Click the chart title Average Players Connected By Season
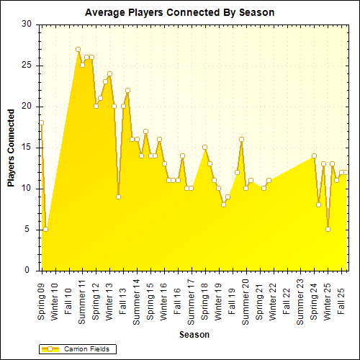pyautogui.click(x=179, y=13)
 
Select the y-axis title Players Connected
pyautogui.click(x=12, y=148)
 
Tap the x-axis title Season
pyautogui.click(x=194, y=335)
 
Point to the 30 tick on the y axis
pyautogui.click(x=27, y=24)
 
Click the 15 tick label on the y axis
pyautogui.click(x=27, y=147)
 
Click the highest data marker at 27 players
pyautogui.click(x=78, y=49)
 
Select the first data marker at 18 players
pyautogui.click(x=42, y=122)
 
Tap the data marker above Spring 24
pyautogui.click(x=314, y=156)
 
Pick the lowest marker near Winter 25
pyautogui.click(x=328, y=230)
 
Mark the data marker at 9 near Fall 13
pyautogui.click(x=118, y=197)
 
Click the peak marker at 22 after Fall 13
pyautogui.click(x=127, y=90)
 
